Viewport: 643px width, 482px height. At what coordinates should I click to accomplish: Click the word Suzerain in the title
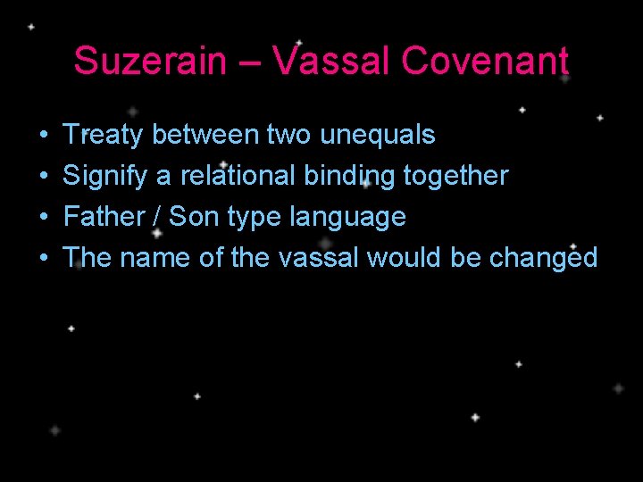tap(149, 62)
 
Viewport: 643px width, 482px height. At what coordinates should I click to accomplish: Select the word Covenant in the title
tap(485, 62)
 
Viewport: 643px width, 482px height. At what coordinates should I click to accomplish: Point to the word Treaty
tap(104, 135)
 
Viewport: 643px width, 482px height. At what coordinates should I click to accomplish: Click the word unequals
tap(377, 135)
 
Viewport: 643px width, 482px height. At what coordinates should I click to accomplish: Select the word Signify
tap(105, 176)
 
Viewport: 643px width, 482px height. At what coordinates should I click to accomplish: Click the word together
tap(455, 176)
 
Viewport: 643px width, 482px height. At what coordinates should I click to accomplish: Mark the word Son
tap(193, 217)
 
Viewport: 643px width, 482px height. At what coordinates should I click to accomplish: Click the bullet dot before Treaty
tap(45, 136)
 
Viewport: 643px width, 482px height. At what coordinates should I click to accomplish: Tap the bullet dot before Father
tap(45, 218)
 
